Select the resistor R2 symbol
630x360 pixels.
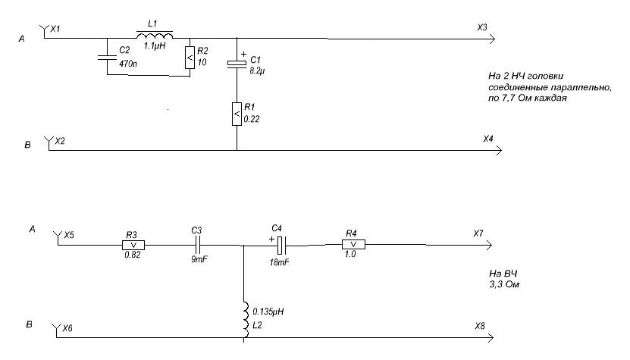click(x=189, y=57)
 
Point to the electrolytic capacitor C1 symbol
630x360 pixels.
click(x=237, y=66)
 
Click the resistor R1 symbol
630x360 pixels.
click(x=237, y=114)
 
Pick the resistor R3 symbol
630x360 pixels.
click(x=133, y=245)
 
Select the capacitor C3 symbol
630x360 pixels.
click(x=198, y=245)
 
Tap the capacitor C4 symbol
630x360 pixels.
click(x=281, y=245)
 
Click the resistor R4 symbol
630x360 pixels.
click(x=353, y=245)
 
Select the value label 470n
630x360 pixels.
click(x=129, y=64)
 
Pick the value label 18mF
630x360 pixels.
click(x=280, y=261)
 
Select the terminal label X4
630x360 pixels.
click(x=487, y=139)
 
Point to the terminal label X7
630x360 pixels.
click(x=478, y=233)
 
